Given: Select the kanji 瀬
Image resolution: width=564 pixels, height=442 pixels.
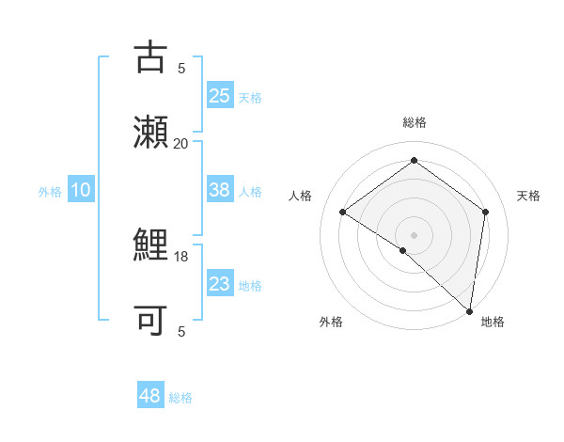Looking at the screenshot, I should pos(150,132).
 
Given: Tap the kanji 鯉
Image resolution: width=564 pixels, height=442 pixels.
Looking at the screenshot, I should pos(150,246).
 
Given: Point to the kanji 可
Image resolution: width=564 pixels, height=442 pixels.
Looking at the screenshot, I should pos(150,320).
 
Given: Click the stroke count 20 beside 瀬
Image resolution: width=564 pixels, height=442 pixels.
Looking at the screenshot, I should pos(180,143).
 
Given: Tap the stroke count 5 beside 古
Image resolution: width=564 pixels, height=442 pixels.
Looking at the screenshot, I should pos(181,68).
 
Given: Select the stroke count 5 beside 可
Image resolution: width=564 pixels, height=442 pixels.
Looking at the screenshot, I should pos(181,331).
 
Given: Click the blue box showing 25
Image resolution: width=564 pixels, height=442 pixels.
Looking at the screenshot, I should pos(220,95).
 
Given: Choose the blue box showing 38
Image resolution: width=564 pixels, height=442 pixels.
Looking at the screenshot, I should pos(220,190).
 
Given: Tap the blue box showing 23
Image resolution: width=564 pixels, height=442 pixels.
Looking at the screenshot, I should pos(220,284).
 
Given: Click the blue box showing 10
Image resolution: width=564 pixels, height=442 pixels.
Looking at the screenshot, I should pos(81,190).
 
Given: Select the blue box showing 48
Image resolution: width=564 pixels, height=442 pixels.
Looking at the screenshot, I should pos(150,396).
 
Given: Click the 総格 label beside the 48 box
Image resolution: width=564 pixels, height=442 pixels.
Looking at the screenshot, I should pos(180,398).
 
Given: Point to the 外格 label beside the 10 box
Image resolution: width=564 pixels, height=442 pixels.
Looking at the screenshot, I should pos(50,192).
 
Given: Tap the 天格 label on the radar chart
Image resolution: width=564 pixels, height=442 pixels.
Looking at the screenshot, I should pos(528,196).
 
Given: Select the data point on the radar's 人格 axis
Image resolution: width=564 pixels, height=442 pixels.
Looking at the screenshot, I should pos(343,212).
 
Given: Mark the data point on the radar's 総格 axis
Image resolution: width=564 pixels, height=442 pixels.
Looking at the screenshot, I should pos(414,161).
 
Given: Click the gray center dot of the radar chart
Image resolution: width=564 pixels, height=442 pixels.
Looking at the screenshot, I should pos(414,234).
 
